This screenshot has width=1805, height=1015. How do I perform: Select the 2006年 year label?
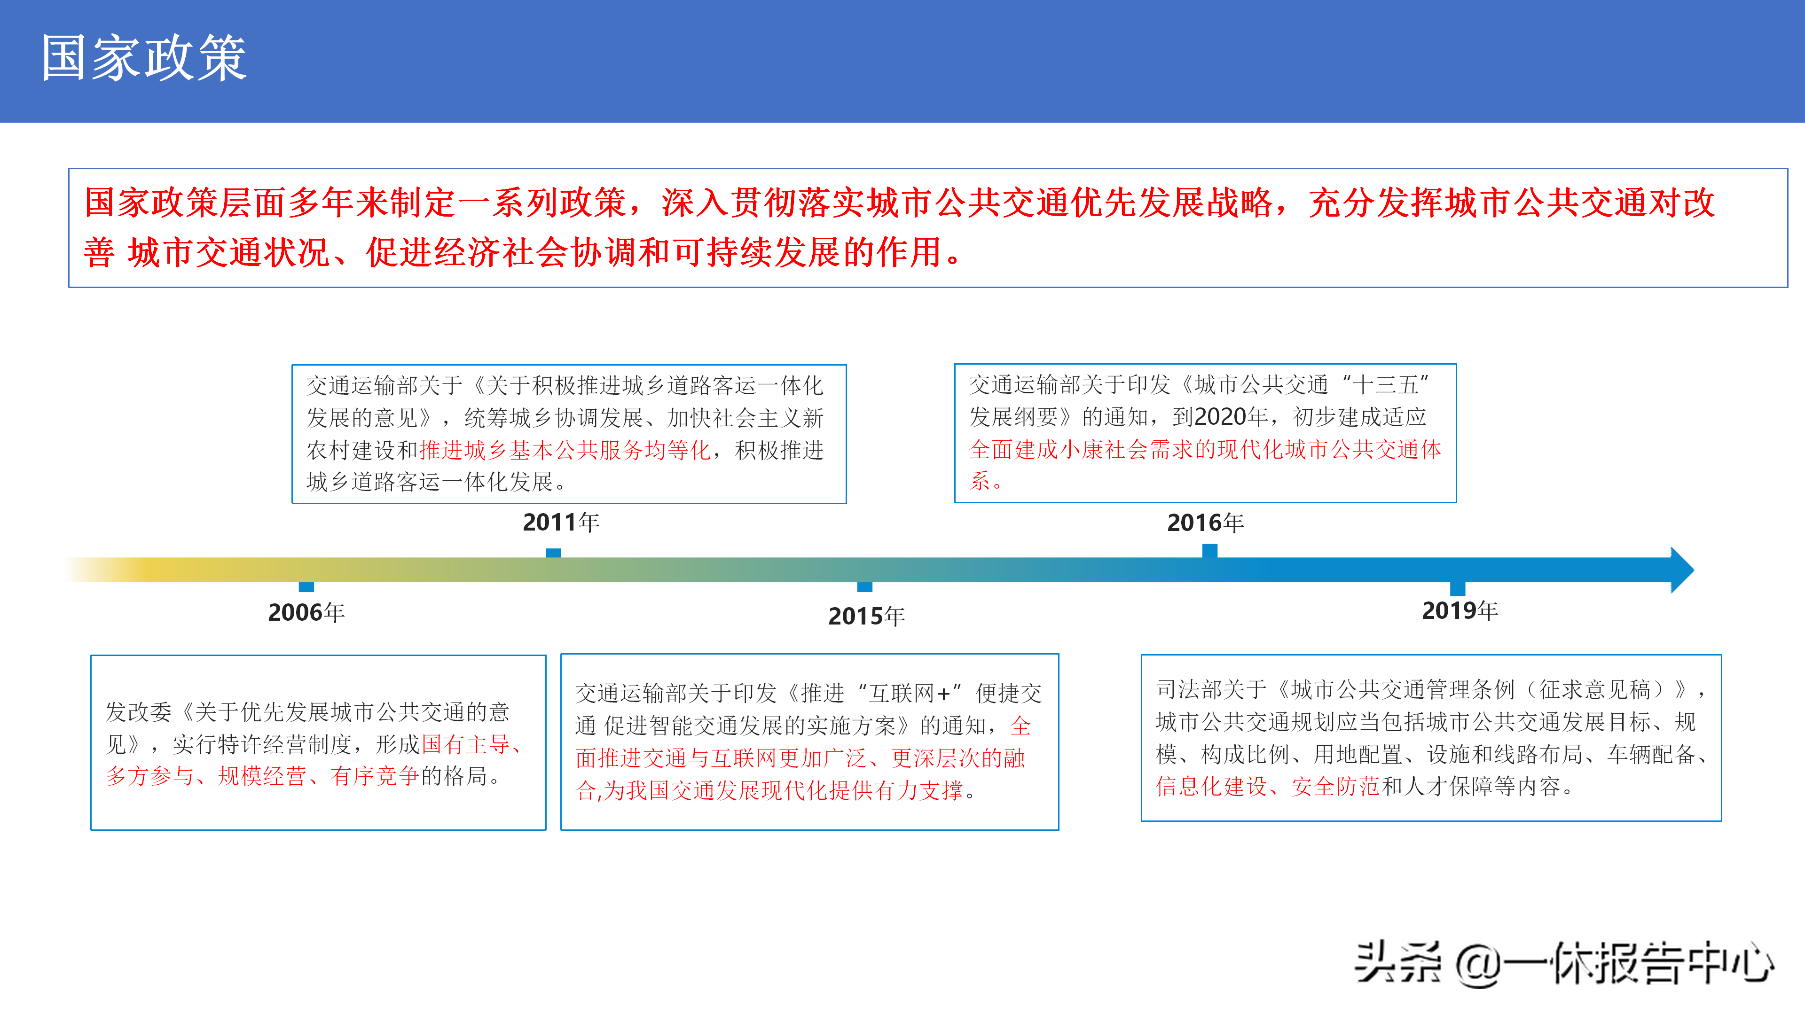[x=306, y=613]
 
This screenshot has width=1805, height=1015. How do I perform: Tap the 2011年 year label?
[x=561, y=522]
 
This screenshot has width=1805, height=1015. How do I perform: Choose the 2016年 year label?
[x=1205, y=523]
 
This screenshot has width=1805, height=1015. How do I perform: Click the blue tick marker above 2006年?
[x=306, y=587]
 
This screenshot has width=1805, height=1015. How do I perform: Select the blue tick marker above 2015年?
[x=865, y=587]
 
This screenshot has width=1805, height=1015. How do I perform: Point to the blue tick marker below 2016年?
[x=1210, y=551]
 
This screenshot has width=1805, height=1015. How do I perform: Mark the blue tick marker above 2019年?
[x=1458, y=588]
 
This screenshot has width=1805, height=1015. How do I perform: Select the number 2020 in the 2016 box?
[x=1221, y=417]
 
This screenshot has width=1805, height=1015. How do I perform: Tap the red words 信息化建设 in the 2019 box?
[x=1211, y=787]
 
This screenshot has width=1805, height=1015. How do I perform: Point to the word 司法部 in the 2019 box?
[x=1189, y=690]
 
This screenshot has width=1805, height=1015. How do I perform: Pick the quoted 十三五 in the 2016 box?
[x=1385, y=384]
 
